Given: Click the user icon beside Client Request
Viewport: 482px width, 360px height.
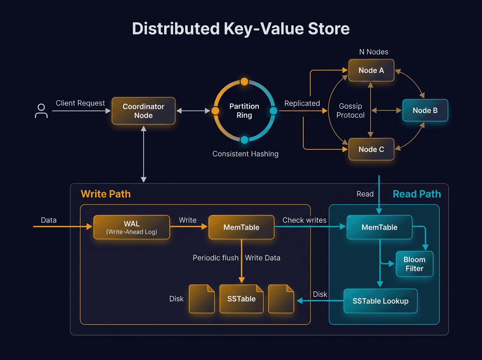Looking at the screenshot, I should click(x=41, y=111).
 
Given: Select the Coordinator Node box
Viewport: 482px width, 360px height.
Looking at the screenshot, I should click(x=143, y=111).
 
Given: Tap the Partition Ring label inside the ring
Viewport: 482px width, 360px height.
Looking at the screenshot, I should click(x=244, y=111).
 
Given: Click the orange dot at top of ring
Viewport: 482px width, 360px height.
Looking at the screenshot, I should click(x=244, y=82).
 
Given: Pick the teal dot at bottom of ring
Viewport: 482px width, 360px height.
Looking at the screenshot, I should click(x=244, y=140).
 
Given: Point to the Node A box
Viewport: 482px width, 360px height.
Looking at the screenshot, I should click(x=371, y=70).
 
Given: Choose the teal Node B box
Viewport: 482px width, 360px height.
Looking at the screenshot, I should click(x=425, y=110).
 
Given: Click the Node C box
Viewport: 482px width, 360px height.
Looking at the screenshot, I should click(x=371, y=149).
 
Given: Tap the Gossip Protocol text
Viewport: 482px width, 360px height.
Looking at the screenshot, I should click(x=350, y=111).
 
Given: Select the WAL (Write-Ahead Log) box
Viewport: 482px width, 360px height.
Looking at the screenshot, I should click(x=132, y=227).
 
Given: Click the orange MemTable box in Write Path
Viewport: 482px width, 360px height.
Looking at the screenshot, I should click(x=241, y=227).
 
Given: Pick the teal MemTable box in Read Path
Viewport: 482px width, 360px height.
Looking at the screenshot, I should click(x=379, y=227).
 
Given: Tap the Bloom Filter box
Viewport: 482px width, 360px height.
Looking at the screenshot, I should click(x=415, y=264).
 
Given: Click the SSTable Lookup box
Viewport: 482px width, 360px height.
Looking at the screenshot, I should click(x=380, y=301).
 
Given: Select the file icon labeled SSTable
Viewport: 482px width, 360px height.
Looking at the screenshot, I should click(x=241, y=299).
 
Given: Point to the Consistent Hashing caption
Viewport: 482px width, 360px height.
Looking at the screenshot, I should click(x=245, y=154).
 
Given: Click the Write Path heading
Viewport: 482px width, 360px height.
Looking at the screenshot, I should click(x=106, y=194).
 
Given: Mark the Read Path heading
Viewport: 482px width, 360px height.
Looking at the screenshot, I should click(x=417, y=194).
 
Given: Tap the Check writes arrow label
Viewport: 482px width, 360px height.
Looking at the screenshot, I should click(x=304, y=220).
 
